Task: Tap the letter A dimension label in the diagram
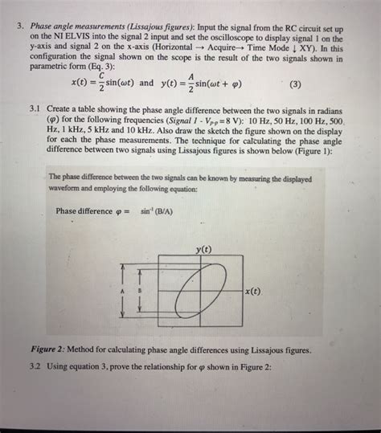pos(121,291)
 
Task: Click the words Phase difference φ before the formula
pos(92,211)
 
